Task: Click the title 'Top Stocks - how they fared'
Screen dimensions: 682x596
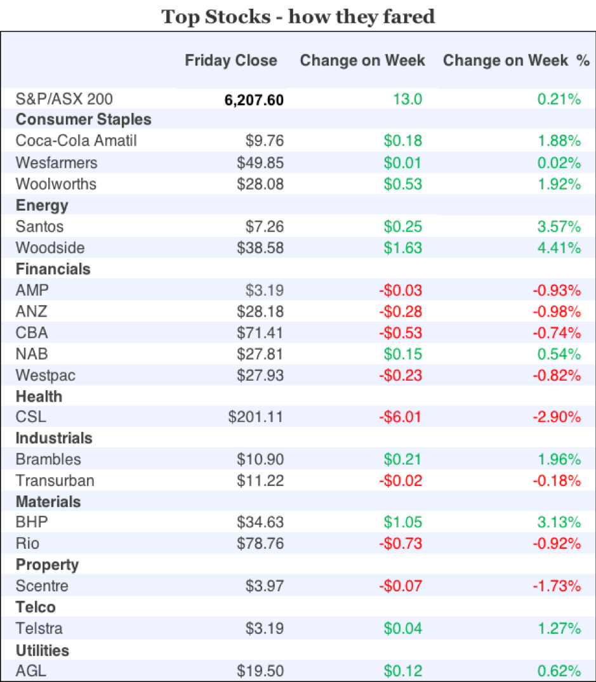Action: [298, 16]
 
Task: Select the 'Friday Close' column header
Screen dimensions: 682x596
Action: [231, 61]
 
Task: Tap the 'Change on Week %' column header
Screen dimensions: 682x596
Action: [516, 61]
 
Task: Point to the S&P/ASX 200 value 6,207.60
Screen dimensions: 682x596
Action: [254, 99]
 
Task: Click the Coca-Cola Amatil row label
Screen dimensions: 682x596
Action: [76, 141]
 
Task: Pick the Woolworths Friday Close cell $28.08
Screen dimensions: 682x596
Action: [260, 184]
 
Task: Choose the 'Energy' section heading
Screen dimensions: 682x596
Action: [42, 206]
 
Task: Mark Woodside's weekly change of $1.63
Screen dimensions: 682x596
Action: [402, 247]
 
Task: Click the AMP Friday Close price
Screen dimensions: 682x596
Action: [264, 291]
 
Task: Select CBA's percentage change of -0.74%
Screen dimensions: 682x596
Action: [557, 332]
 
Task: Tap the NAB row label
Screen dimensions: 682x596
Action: [31, 354]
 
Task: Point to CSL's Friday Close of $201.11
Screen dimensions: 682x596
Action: [256, 417]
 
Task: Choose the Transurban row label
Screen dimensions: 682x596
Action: [55, 480]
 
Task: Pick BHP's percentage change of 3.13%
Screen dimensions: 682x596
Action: [559, 522]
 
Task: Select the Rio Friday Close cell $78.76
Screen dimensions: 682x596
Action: [260, 544]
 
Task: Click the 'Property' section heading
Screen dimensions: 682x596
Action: [47, 565]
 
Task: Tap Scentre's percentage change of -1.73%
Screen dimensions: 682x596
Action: [557, 586]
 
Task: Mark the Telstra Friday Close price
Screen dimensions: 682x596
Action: [264, 629]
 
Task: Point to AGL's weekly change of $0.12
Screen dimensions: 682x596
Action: [402, 671]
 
